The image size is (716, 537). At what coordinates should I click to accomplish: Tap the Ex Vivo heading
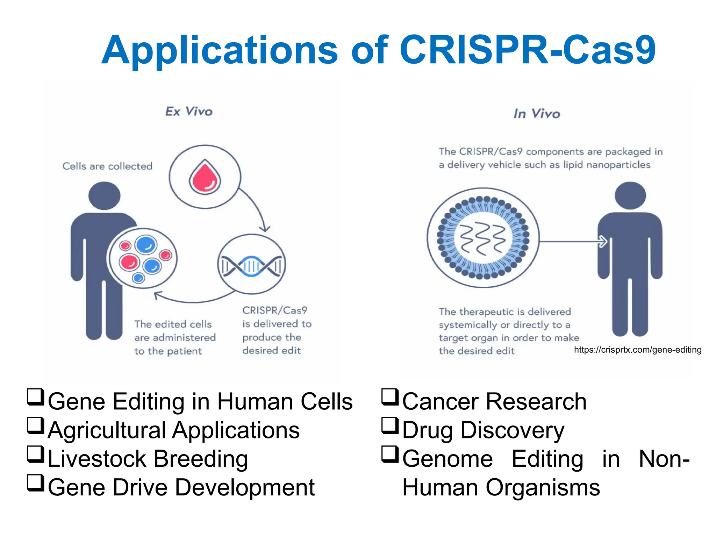point(189,112)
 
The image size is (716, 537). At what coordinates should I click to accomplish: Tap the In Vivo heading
point(537,114)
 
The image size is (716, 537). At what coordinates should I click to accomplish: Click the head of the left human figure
point(104,196)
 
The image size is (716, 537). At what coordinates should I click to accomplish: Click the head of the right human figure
point(630,196)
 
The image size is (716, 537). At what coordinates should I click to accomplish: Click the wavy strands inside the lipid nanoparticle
point(483,238)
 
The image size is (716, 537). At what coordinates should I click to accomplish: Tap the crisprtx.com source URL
point(637,350)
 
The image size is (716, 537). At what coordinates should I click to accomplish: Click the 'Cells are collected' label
point(107,166)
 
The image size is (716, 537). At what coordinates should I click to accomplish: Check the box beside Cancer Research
point(389,397)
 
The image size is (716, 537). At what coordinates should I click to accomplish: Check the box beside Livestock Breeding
point(35,454)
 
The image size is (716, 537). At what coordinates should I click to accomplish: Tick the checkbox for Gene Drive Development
point(35,483)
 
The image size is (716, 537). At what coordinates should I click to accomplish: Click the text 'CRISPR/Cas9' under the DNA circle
point(275,310)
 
